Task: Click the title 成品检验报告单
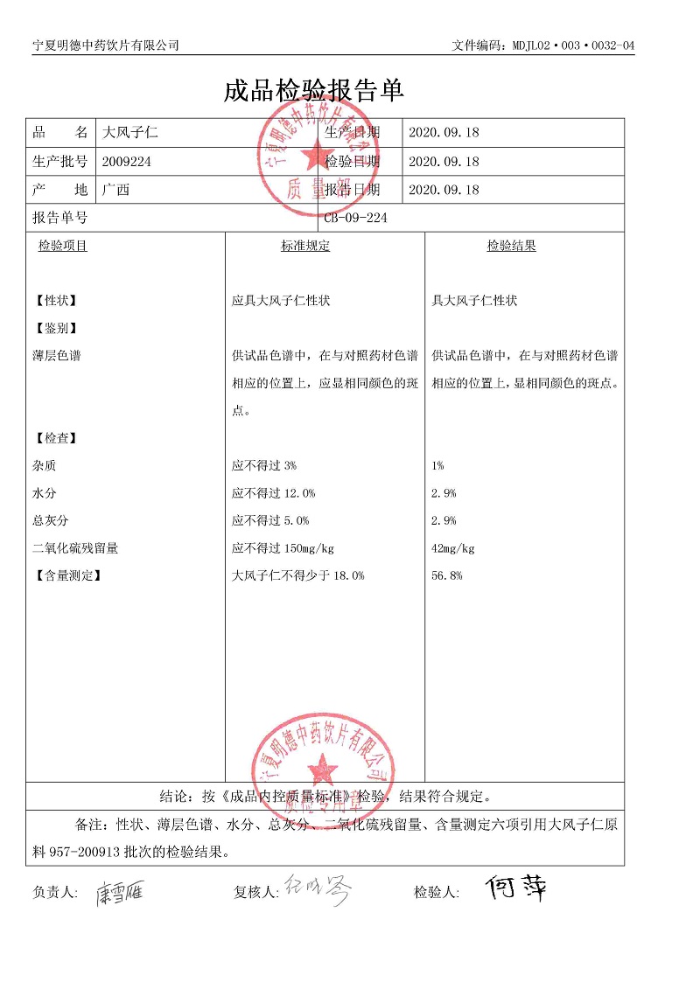pyautogui.click(x=313, y=91)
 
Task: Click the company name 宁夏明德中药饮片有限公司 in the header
pyautogui.click(x=105, y=45)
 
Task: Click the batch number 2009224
pyautogui.click(x=127, y=161)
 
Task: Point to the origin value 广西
pyautogui.click(x=115, y=190)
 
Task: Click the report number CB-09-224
pyautogui.click(x=355, y=218)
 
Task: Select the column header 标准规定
pyautogui.click(x=305, y=247)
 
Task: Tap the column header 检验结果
pyautogui.click(x=511, y=247)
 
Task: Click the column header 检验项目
pyautogui.click(x=62, y=247)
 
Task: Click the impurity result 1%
pyautogui.click(x=438, y=466)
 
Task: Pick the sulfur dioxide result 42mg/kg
pyautogui.click(x=453, y=548)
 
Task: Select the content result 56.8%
pyautogui.click(x=447, y=575)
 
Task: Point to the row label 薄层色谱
pyautogui.click(x=56, y=356)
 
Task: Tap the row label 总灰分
pyautogui.click(x=50, y=521)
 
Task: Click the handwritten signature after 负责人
pyautogui.click(x=121, y=892)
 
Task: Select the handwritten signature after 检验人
pyautogui.click(x=518, y=889)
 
